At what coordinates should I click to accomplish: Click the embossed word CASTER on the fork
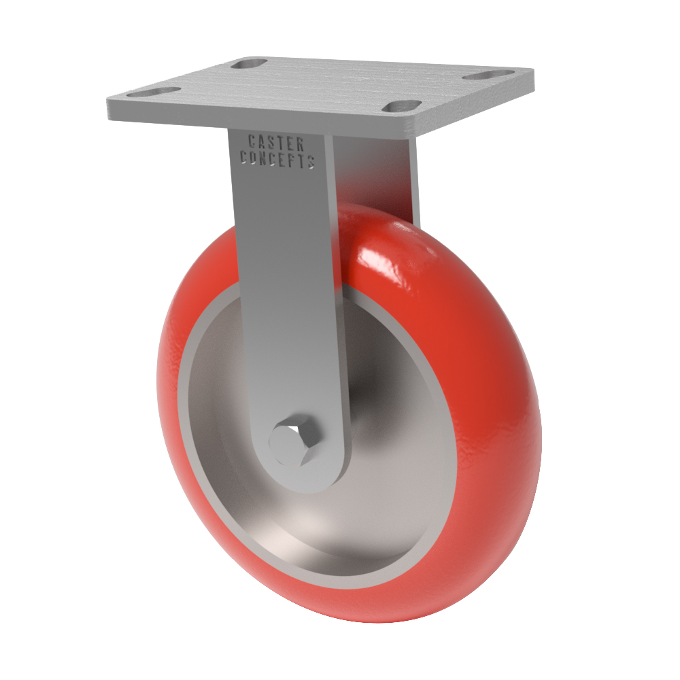point(276,143)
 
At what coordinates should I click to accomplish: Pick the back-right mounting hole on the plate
point(481,75)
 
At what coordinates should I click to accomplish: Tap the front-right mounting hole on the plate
point(404,106)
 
